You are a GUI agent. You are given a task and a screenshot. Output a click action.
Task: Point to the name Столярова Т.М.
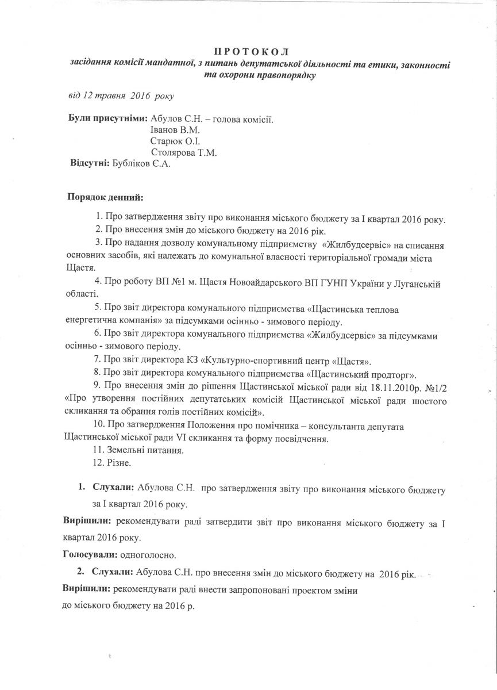coord(184,152)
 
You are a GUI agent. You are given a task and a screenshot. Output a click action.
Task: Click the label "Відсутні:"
coord(90,164)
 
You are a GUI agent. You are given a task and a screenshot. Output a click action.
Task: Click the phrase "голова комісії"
coord(243,120)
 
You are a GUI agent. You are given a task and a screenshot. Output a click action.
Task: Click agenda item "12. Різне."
coord(113,462)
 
